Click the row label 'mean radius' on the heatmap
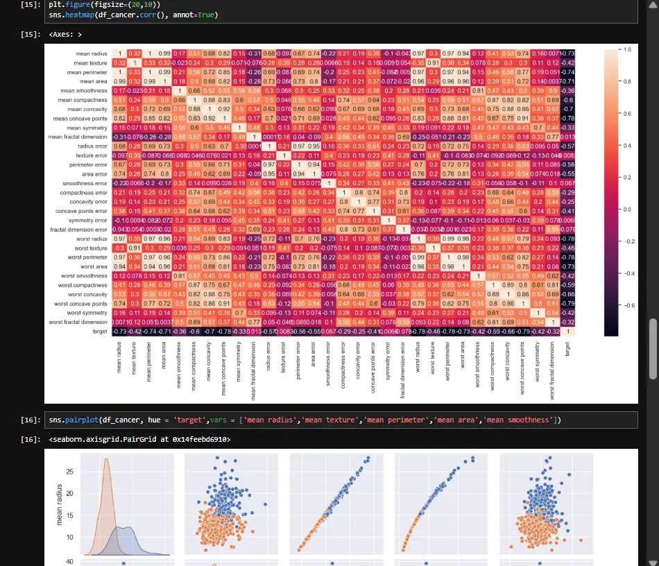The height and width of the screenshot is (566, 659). [x=92, y=54]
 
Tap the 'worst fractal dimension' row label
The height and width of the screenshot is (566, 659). [x=80, y=322]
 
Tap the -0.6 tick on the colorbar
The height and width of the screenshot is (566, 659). [x=627, y=305]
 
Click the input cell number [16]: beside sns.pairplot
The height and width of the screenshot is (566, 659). [x=31, y=420]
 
